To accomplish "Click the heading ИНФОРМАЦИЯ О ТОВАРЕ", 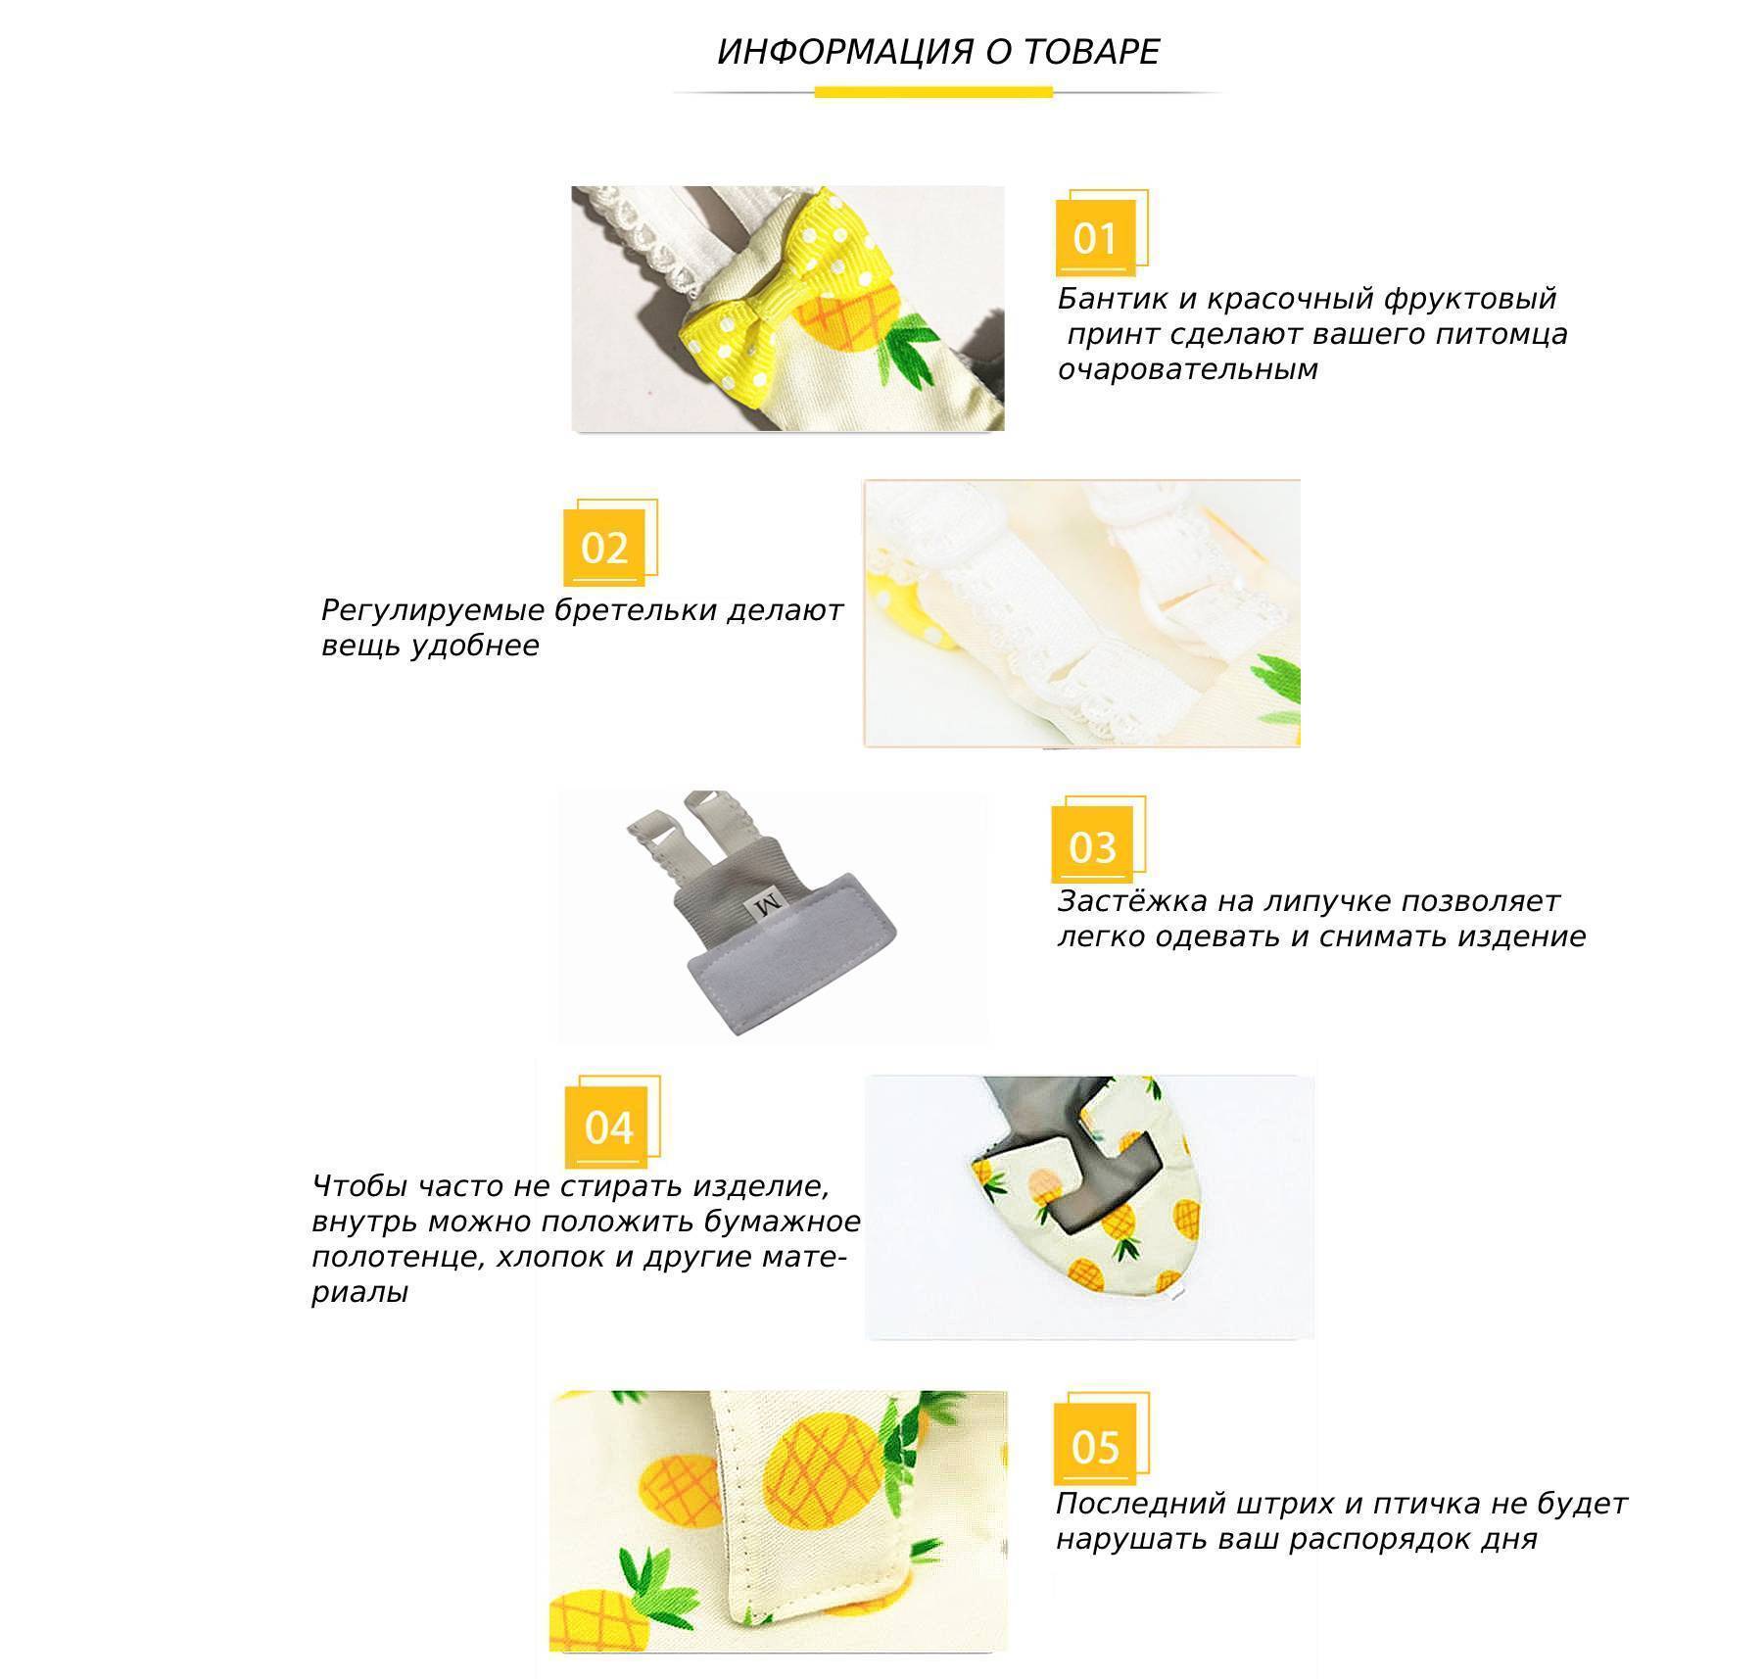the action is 938,52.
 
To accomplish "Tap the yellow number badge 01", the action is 1096,238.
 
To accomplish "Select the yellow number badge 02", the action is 604,548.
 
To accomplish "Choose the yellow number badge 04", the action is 607,1127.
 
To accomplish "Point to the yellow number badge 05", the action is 1095,1446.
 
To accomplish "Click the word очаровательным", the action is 1188,370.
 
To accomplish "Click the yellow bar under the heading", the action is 933,92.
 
